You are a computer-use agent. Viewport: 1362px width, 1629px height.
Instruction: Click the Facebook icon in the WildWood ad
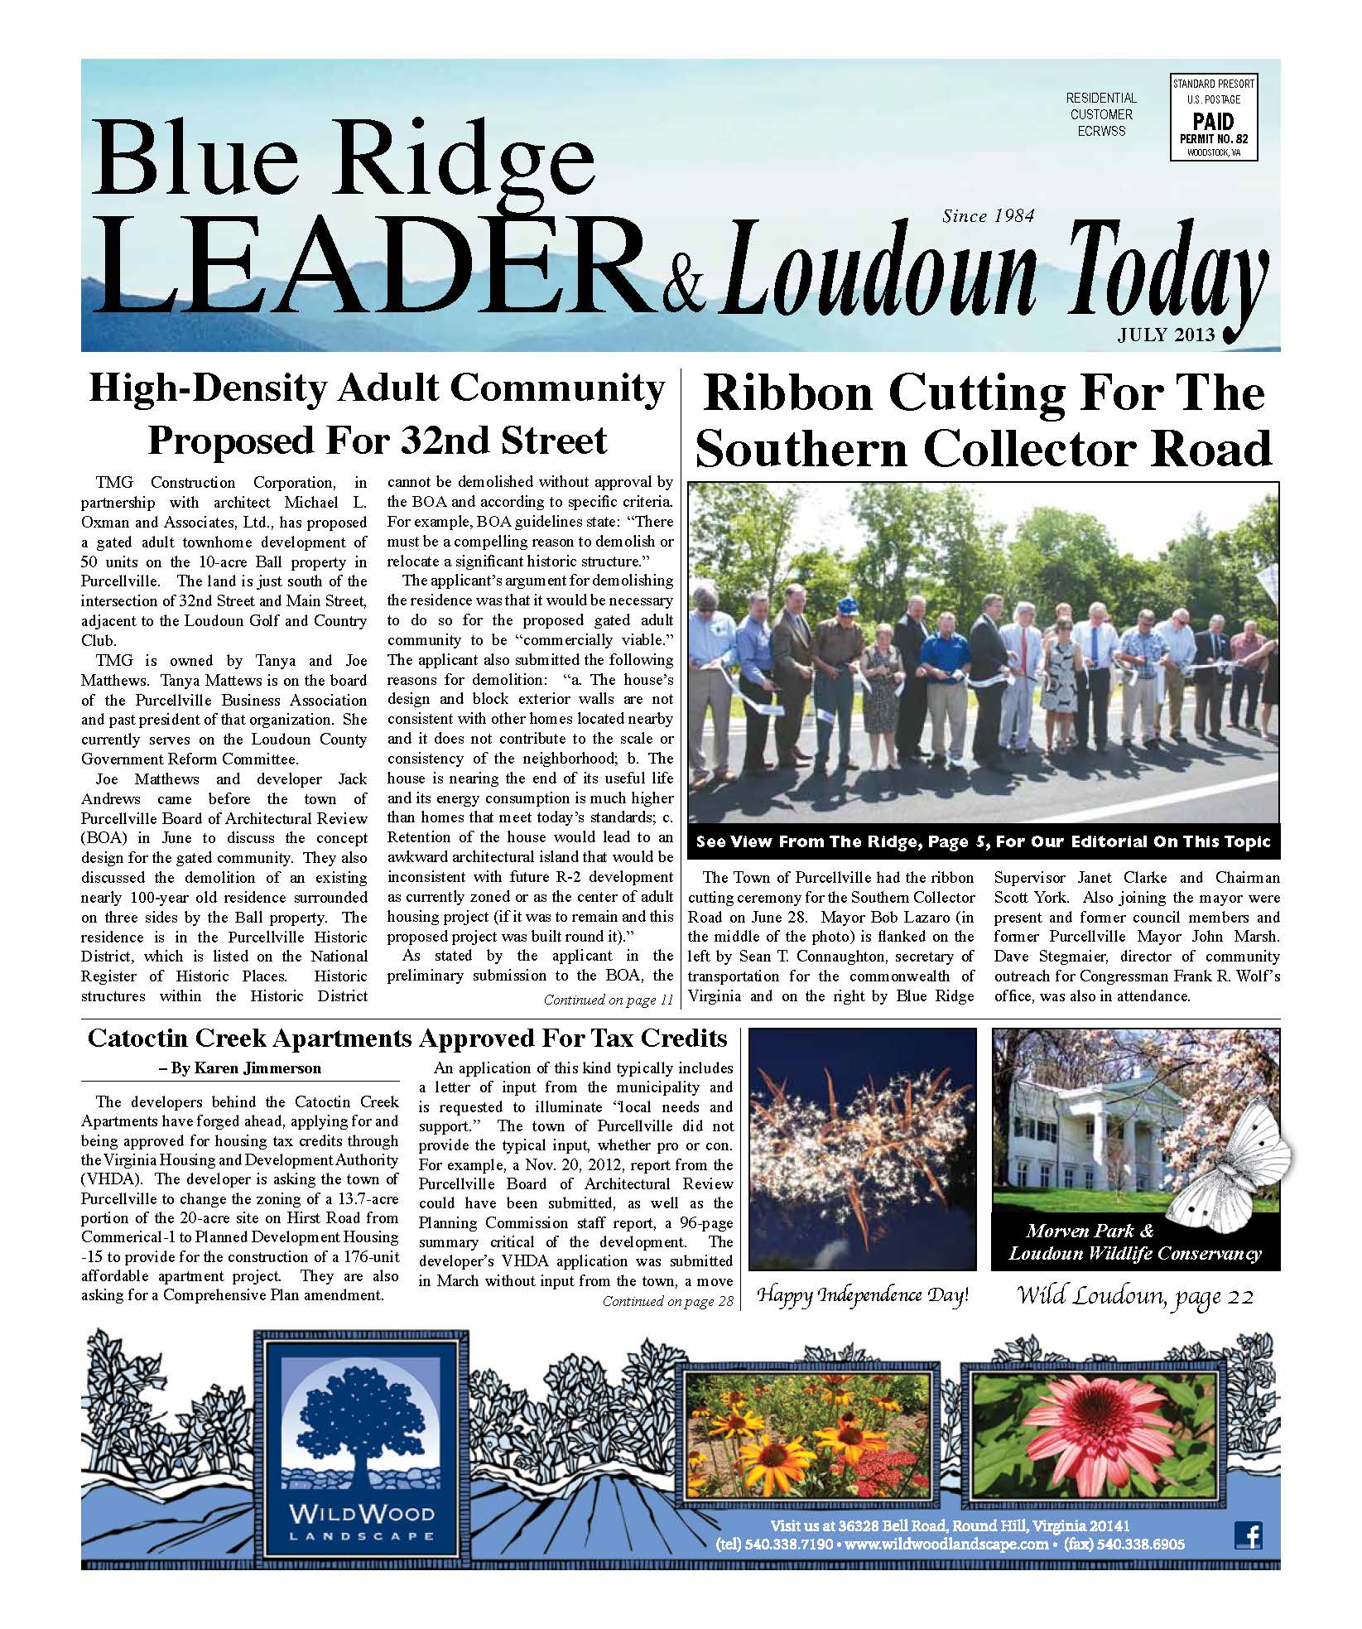tap(1248, 1535)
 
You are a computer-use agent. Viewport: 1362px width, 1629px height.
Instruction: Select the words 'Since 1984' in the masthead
tap(988, 216)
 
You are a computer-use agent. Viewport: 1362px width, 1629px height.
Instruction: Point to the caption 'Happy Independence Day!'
tap(864, 1295)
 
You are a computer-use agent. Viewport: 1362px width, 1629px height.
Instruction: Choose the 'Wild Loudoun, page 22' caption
tap(1135, 1295)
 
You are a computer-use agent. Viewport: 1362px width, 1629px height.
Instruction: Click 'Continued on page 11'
tap(608, 1000)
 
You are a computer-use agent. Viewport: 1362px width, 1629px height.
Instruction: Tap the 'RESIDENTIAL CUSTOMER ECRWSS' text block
tap(1101, 114)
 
